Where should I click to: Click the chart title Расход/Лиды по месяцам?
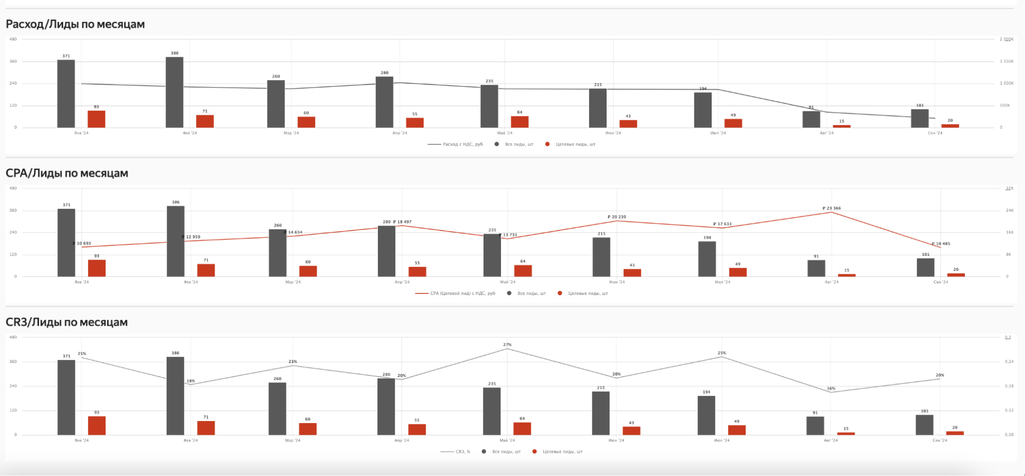coord(75,24)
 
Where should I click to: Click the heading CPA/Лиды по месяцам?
coord(67,173)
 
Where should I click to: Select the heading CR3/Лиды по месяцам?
coord(67,322)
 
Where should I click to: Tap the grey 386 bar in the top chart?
coord(174,92)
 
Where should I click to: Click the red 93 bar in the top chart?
coord(96,119)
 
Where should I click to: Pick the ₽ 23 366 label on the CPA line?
coord(832,208)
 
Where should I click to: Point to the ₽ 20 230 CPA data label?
coord(617,217)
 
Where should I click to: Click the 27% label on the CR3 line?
coord(507,345)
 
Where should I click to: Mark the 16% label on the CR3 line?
coord(831,388)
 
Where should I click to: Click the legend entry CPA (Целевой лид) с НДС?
coord(462,293)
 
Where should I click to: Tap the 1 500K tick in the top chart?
coord(1007,62)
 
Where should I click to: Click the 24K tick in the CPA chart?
coord(1009,210)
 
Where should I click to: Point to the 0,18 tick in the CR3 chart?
coord(1009,386)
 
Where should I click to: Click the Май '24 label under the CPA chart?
coord(508,282)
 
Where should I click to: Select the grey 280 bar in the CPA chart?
coord(387,251)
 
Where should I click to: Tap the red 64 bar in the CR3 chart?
coord(522,429)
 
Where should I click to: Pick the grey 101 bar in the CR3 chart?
coord(924,425)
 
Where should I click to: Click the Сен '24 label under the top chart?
coord(935,133)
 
